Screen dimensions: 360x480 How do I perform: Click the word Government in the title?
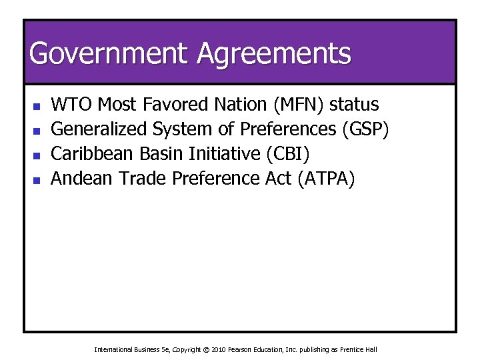109,53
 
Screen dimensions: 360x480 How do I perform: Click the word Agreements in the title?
273,53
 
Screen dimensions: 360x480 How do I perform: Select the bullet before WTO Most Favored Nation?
37,106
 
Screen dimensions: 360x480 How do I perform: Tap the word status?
355,105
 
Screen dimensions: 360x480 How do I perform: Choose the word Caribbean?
93,154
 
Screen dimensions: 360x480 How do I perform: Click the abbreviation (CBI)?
287,154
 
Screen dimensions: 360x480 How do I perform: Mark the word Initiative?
225,154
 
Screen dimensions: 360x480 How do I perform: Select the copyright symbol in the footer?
206,349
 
